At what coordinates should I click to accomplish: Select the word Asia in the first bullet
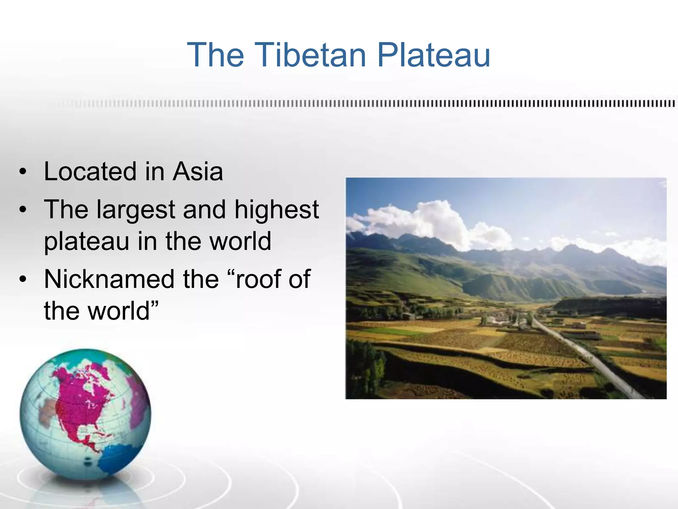(x=198, y=172)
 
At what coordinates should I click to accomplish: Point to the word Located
(x=90, y=172)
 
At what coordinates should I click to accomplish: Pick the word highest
(x=276, y=209)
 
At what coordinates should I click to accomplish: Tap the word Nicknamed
(x=109, y=279)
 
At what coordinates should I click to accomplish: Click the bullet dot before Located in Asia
(x=23, y=172)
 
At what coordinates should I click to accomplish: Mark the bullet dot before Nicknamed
(x=23, y=280)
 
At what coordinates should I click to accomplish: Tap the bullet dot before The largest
(x=23, y=210)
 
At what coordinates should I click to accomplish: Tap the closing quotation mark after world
(x=154, y=303)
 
